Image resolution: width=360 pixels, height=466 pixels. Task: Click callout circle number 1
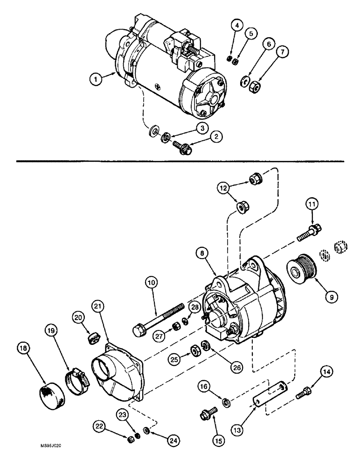96,80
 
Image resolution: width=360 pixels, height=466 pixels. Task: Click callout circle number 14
326,371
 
